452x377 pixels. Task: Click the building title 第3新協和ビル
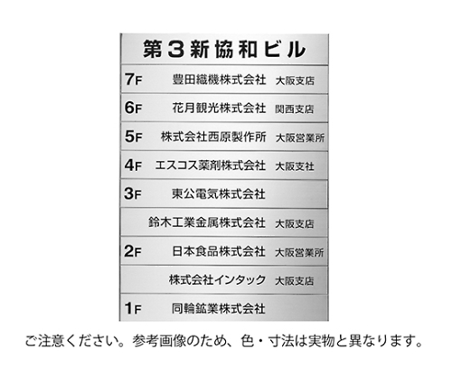(224, 49)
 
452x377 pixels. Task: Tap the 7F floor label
(133, 80)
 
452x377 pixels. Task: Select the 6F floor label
(133, 108)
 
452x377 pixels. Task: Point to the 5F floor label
(133, 137)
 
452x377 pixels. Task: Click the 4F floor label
(133, 165)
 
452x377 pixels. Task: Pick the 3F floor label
(133, 193)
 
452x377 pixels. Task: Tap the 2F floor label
(133, 251)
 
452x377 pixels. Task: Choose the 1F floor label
(133, 308)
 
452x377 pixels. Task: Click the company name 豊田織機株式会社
(219, 80)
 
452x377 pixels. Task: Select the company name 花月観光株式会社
(219, 108)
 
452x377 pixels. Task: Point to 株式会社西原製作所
(213, 137)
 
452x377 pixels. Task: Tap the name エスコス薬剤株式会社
(211, 165)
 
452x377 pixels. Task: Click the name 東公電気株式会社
(219, 194)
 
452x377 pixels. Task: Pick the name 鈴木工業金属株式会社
(207, 222)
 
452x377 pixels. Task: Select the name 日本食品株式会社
(219, 251)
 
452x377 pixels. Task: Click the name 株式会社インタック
(217, 280)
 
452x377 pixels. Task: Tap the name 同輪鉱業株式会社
(219, 308)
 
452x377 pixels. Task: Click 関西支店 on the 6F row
(295, 109)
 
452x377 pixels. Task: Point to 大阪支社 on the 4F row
(295, 166)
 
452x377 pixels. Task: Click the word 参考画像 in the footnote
(159, 341)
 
